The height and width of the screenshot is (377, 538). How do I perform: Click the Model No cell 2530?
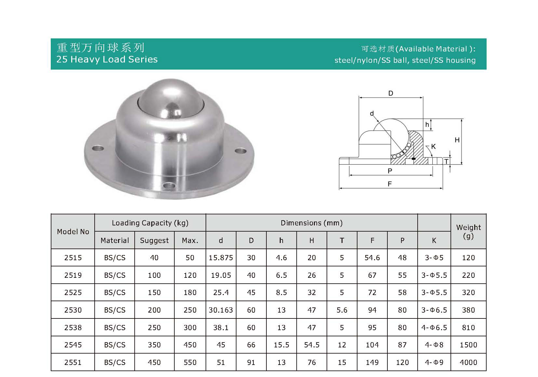73,310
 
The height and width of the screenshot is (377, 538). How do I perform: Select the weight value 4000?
468,362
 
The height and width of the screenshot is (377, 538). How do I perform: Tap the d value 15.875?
221,258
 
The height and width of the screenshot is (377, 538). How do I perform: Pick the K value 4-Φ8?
434,345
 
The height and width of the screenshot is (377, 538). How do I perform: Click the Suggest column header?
154,240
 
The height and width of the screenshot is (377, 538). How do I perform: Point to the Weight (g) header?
468,231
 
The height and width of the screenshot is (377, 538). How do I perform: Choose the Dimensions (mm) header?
311,223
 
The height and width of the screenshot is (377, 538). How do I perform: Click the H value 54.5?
311,345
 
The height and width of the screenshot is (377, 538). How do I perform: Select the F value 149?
372,362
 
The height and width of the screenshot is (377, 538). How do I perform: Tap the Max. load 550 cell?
190,362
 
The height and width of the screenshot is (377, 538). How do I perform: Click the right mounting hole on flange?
240,151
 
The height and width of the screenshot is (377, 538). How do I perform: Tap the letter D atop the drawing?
391,93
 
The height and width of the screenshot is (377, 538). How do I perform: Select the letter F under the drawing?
390,184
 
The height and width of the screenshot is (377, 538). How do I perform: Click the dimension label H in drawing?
457,140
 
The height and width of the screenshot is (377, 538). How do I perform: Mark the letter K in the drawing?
433,147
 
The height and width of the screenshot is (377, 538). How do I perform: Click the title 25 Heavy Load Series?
107,59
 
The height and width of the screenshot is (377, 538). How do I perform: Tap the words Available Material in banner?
433,49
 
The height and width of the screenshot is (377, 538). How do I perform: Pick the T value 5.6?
342,310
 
